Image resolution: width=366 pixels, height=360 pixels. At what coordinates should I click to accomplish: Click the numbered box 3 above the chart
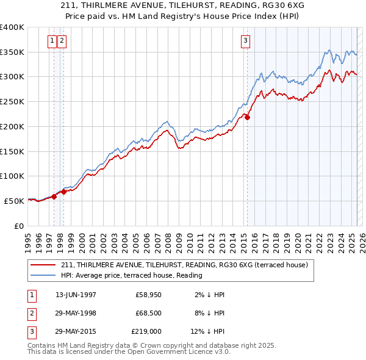click(x=245, y=41)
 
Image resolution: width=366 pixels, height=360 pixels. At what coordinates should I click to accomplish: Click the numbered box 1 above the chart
click(x=52, y=41)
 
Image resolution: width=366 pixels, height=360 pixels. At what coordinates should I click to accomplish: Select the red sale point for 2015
click(x=248, y=118)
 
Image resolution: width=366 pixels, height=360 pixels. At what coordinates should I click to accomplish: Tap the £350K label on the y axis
click(x=12, y=52)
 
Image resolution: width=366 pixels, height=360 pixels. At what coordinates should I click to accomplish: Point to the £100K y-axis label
click(x=12, y=176)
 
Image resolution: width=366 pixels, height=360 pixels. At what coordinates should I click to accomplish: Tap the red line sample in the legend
click(x=43, y=265)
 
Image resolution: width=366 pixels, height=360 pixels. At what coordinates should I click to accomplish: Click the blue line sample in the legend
click(x=43, y=275)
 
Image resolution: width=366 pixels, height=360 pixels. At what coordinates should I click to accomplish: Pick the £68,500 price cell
click(x=148, y=313)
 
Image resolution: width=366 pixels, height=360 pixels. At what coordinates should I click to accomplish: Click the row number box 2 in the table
click(x=31, y=313)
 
